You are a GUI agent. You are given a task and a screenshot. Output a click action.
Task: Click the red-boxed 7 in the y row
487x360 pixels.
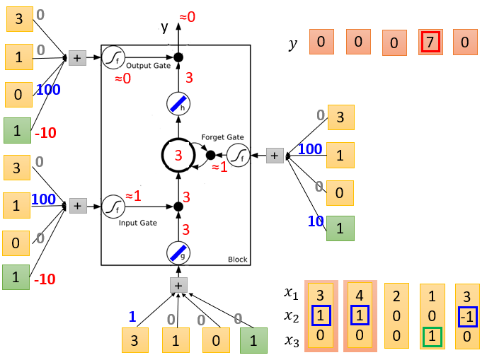pos(430,42)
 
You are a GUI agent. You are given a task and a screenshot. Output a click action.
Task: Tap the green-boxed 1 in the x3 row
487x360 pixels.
pos(432,337)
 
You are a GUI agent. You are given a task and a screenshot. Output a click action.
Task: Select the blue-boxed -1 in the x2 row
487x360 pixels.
pos(468,317)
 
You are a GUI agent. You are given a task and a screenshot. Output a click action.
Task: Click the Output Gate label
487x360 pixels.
pos(148,66)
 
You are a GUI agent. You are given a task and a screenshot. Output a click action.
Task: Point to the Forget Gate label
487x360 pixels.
pos(222,137)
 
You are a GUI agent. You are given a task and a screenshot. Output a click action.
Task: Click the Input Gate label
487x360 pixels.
pos(137,223)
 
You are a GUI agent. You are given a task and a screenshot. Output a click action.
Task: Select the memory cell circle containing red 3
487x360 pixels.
pos(178,155)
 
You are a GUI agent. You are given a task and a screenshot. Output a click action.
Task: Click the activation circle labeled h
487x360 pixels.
pos(178,104)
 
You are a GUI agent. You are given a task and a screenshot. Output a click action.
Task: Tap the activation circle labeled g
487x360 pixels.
pos(178,253)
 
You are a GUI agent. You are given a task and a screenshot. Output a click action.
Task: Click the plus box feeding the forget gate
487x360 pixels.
pos(275,156)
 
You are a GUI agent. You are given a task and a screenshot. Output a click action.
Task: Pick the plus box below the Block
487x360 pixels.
pos(178,286)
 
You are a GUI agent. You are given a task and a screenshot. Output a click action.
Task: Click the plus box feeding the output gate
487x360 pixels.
pos(77,58)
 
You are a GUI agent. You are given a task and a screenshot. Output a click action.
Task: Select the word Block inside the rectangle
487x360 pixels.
pos(238,260)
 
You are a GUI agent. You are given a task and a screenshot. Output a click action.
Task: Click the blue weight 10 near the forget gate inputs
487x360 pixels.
pos(316,221)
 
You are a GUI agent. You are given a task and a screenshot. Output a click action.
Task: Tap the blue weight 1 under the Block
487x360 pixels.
pos(132,317)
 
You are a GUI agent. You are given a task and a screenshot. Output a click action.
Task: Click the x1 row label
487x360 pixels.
pos(291,293)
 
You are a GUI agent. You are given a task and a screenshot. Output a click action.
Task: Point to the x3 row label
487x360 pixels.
pos(292,341)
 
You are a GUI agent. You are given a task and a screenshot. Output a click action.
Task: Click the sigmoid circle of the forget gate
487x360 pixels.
pos(239,155)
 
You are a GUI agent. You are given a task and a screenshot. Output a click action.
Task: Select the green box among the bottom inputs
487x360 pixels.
pos(253,340)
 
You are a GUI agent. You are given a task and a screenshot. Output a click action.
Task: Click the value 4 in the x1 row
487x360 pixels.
pos(360,296)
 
